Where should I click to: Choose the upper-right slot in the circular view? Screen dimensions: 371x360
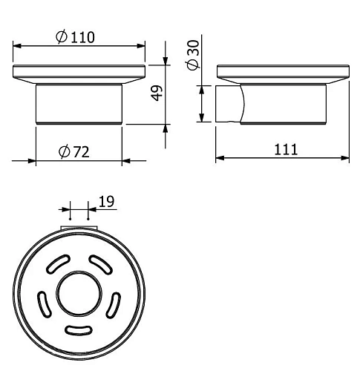pyautogui.click(x=97, y=265)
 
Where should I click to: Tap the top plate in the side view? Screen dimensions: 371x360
pyautogui.click(x=282, y=74)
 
